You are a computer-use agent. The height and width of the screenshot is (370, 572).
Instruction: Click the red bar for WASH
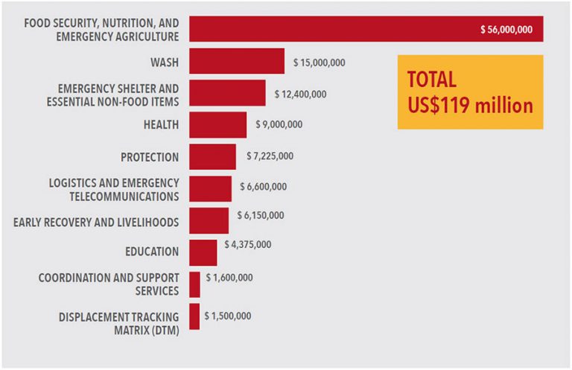(237, 61)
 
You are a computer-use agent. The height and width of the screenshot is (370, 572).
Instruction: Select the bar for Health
(217, 125)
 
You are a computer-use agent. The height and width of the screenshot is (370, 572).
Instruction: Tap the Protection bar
(212, 157)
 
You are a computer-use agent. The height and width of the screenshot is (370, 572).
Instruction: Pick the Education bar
(203, 252)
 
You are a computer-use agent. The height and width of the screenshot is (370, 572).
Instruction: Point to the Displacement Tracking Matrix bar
(194, 316)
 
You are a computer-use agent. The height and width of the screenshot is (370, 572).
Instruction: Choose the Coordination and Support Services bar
(194, 284)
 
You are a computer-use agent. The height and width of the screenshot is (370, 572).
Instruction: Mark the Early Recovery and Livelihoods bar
(209, 220)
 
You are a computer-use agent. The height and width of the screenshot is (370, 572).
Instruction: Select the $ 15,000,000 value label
(320, 62)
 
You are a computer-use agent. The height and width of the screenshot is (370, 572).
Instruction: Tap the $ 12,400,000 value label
(300, 94)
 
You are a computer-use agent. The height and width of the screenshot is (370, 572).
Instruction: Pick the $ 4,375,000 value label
(247, 244)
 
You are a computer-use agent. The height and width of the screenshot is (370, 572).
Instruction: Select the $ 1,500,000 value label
(227, 316)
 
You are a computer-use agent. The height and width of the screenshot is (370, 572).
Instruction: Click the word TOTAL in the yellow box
(432, 80)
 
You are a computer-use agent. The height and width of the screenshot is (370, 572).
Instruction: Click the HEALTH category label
(161, 125)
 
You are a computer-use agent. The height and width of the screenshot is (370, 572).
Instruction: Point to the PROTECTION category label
(149, 157)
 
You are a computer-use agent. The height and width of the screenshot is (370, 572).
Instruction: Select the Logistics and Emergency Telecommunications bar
(210, 189)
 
